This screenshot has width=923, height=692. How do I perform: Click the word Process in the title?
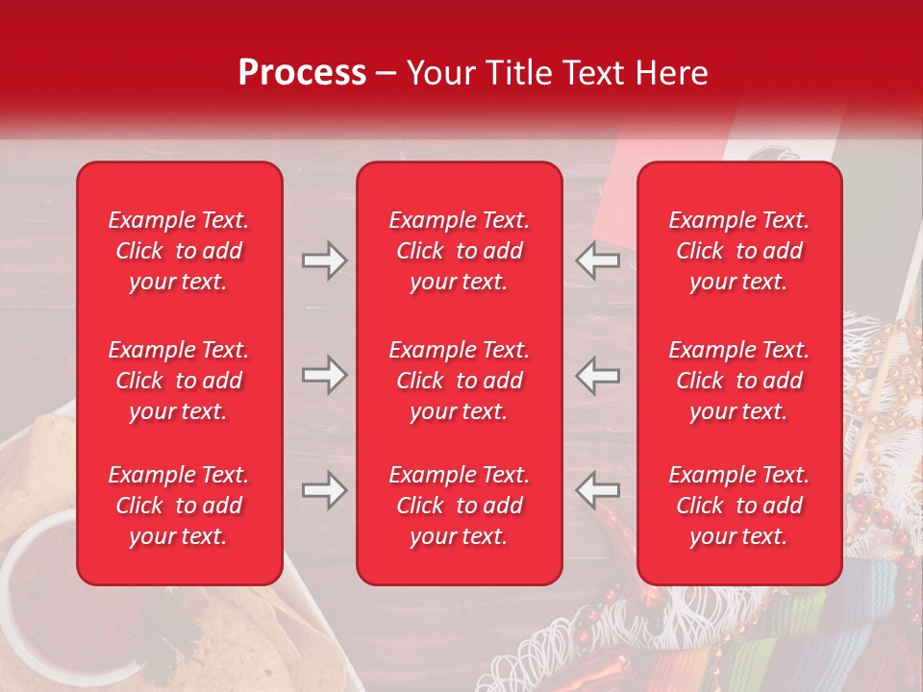pyautogui.click(x=302, y=73)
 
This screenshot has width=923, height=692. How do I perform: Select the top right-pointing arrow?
pyautogui.click(x=324, y=260)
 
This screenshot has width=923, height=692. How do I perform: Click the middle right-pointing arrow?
pyautogui.click(x=324, y=375)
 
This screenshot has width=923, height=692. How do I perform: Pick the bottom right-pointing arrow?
pyautogui.click(x=324, y=490)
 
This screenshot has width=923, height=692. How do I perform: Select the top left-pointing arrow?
pyautogui.click(x=598, y=260)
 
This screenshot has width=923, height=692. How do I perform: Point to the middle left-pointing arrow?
pyautogui.click(x=598, y=375)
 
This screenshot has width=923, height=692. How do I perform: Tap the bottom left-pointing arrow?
pyautogui.click(x=598, y=490)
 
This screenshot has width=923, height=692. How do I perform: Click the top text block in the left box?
pyautogui.click(x=179, y=251)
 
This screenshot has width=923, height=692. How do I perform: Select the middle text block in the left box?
pyautogui.click(x=179, y=381)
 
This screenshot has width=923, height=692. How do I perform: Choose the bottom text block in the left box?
pyautogui.click(x=179, y=506)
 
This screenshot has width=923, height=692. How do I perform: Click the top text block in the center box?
pyautogui.click(x=460, y=251)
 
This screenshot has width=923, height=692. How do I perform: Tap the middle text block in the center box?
pyautogui.click(x=460, y=381)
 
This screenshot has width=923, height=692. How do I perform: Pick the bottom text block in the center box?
pyautogui.click(x=460, y=506)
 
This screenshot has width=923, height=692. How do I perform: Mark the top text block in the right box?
pyautogui.click(x=739, y=251)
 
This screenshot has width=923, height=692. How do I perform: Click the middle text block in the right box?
pyautogui.click(x=739, y=381)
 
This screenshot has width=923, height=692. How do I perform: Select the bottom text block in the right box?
pyautogui.click(x=739, y=506)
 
